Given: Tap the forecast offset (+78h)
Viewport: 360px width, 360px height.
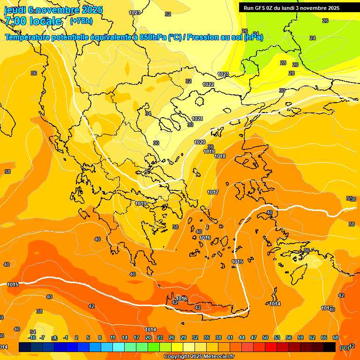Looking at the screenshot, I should coord(81,21).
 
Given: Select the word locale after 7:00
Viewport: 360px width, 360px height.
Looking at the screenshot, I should coord(45,21).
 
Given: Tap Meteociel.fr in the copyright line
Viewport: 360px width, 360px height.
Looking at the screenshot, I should coord(217,357).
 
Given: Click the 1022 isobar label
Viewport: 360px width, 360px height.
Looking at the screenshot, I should coord(208,84).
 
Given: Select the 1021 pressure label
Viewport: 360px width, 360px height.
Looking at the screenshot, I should coord(197,119).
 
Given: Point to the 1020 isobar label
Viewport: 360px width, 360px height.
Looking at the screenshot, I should coord(200,142).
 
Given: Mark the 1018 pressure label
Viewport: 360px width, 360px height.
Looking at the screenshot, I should coord(220,156).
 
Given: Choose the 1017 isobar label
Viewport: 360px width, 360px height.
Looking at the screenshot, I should coord(213,192).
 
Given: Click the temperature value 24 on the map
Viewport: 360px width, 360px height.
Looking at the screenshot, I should coord(313,38).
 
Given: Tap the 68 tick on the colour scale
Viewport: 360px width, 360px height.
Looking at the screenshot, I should coord(336,337).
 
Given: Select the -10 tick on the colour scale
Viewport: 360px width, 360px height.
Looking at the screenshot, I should coord(32,337).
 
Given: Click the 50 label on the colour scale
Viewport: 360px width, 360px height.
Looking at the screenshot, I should coord(265,337).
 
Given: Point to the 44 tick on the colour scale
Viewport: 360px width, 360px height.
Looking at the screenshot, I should coord(242,337).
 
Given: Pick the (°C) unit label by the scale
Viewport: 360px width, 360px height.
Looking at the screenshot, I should coord(344,348).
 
